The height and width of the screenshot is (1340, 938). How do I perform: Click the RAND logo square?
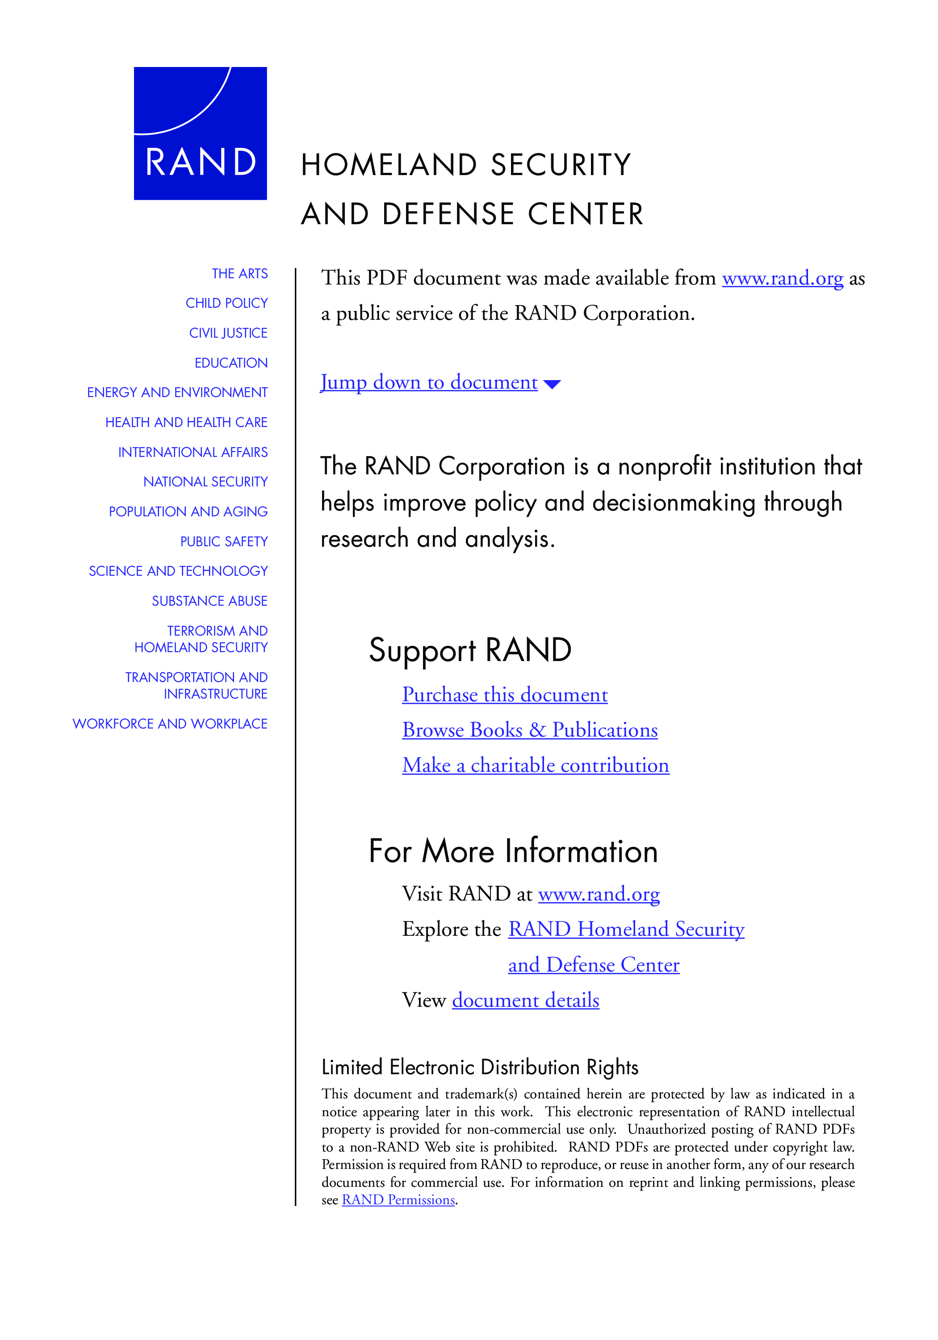[200, 133]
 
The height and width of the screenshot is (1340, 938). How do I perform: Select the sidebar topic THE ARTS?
[239, 274]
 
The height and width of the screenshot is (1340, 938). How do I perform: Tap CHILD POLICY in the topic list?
[226, 303]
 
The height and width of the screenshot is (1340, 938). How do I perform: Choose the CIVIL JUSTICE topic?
[228, 333]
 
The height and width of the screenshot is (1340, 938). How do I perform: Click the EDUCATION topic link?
[231, 363]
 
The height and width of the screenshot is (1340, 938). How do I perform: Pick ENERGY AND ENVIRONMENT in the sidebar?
[177, 393]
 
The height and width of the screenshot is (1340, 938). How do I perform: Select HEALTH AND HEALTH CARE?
[186, 423]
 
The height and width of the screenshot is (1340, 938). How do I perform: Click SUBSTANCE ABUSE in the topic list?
[209, 601]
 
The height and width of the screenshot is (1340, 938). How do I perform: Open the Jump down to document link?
[429, 382]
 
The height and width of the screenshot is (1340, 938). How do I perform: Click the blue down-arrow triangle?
[552, 384]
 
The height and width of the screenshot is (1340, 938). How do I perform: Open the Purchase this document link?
[505, 695]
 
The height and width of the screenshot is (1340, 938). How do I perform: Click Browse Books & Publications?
[529, 730]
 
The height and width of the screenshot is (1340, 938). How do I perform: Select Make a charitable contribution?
[535, 765]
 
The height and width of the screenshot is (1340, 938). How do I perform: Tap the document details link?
[525, 1001]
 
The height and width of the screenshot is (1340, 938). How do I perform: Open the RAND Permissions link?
[398, 1200]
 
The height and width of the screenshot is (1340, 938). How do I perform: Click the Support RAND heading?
[470, 650]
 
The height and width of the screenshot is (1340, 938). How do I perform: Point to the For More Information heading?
[513, 851]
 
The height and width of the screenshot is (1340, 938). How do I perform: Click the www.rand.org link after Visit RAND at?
[599, 894]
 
